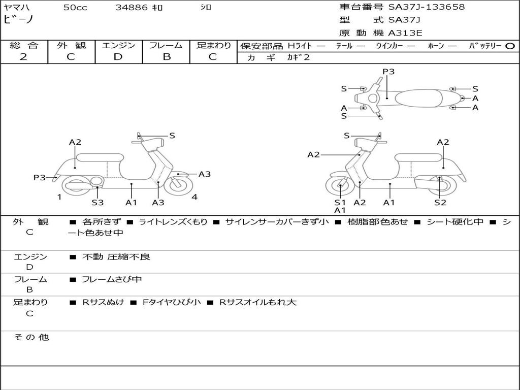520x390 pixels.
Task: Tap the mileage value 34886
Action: [132, 8]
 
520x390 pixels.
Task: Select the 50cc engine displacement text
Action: [75, 8]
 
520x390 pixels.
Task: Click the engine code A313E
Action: [405, 34]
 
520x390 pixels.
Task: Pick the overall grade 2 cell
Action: [23, 57]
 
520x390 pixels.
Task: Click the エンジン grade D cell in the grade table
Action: [118, 57]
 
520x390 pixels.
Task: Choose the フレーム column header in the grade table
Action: [166, 45]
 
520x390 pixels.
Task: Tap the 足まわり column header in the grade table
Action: [213, 45]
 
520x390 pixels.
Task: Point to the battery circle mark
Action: [510, 46]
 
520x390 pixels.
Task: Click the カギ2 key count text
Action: [299, 57]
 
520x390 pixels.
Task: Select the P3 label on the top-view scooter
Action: [388, 72]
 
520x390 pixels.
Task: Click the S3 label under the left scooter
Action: [97, 203]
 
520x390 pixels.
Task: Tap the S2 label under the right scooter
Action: [440, 203]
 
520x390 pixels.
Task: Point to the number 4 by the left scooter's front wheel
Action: [194, 197]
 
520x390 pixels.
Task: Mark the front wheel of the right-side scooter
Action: [340, 186]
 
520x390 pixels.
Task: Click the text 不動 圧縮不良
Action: [116, 257]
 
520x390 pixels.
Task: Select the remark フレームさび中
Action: [112, 279]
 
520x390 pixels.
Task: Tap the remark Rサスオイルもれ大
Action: [257, 302]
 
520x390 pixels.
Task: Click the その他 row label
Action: [31, 337]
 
